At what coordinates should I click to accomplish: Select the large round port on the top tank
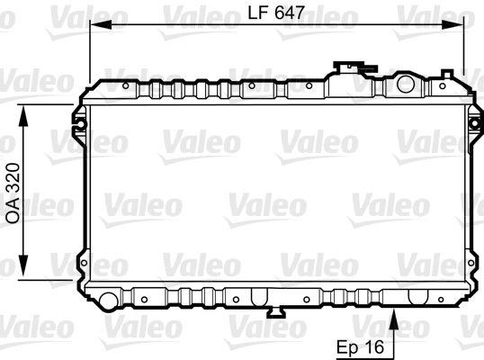[x=407, y=86]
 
